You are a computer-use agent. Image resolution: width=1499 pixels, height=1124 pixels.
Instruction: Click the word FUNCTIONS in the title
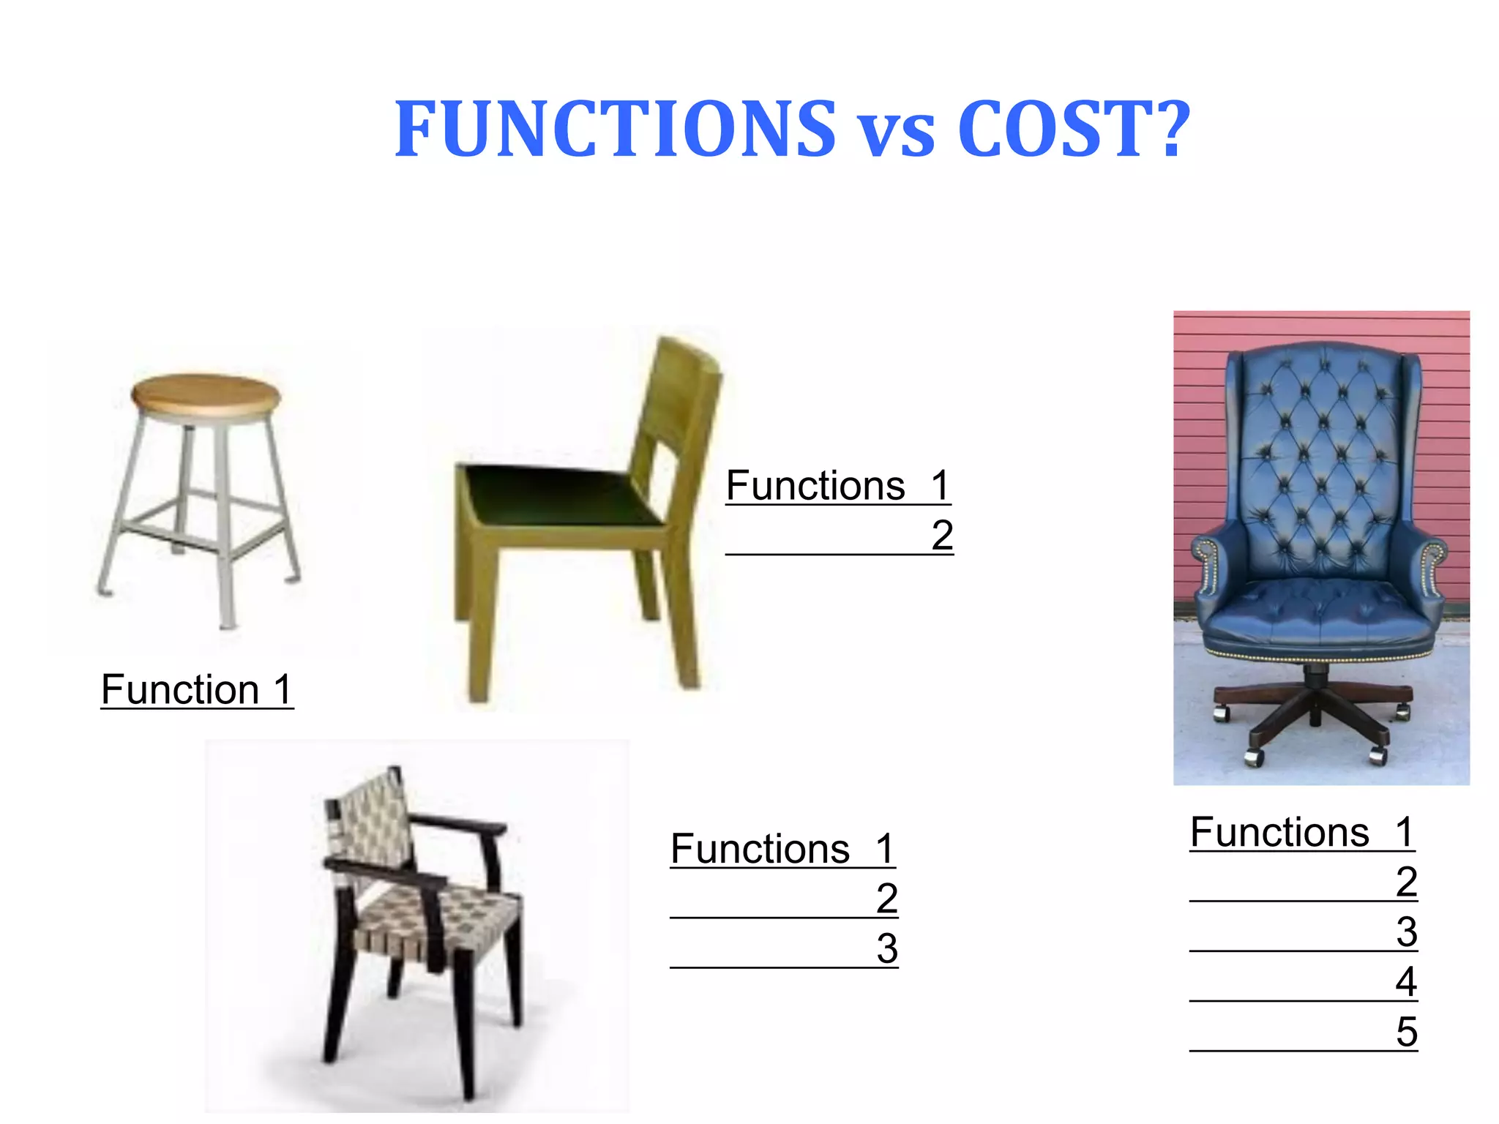615,130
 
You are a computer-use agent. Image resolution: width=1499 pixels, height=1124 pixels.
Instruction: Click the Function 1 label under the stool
197,689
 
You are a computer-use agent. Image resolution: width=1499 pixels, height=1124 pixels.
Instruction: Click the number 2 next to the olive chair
942,535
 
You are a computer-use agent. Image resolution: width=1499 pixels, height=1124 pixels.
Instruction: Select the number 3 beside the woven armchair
887,948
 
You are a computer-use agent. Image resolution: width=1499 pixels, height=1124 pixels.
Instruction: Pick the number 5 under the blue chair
1406,1032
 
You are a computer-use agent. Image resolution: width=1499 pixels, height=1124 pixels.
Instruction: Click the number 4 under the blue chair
1406,982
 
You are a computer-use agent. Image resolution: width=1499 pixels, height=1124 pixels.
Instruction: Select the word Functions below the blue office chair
1279,832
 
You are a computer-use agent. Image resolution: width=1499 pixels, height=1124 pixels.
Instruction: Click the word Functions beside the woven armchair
760,849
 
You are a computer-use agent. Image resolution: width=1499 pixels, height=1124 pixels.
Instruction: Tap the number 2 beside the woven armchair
887,898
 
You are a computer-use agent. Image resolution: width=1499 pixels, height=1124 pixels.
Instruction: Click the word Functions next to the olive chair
815,486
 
